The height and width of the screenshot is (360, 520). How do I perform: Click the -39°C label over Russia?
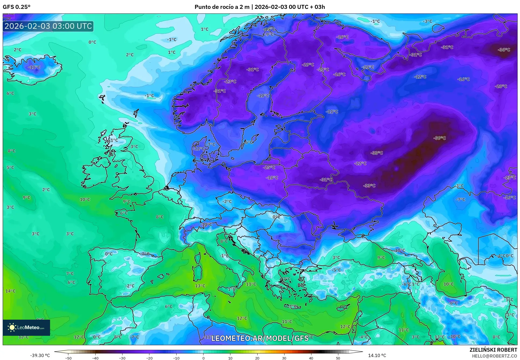click(440, 138)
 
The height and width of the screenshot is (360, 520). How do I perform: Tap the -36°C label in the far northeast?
click(504, 50)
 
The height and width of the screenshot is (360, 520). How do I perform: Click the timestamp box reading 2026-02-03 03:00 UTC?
click(48, 26)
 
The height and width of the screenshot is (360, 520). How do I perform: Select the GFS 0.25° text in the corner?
click(16, 7)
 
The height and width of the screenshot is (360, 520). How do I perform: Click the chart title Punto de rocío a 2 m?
click(222, 7)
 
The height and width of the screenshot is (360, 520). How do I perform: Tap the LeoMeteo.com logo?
click(26, 327)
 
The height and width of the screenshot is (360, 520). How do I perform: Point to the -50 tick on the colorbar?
click(68, 358)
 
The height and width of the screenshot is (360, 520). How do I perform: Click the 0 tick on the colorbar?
click(203, 358)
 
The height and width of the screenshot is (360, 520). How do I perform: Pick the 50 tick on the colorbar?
click(338, 358)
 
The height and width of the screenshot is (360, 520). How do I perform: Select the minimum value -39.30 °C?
click(40, 355)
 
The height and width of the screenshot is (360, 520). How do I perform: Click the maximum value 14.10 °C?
click(377, 355)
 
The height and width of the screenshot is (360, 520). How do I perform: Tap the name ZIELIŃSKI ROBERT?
click(493, 350)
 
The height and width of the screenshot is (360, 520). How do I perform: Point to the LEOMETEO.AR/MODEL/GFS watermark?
click(260, 338)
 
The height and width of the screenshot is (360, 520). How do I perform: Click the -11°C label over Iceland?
click(34, 67)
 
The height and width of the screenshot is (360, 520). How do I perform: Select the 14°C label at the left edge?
click(10, 291)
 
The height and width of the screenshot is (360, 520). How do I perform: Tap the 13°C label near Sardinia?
click(200, 286)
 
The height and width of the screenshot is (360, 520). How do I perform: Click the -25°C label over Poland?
click(269, 167)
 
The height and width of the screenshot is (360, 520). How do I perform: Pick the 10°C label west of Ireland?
click(85, 199)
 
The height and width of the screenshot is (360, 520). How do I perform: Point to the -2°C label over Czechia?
click(227, 201)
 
